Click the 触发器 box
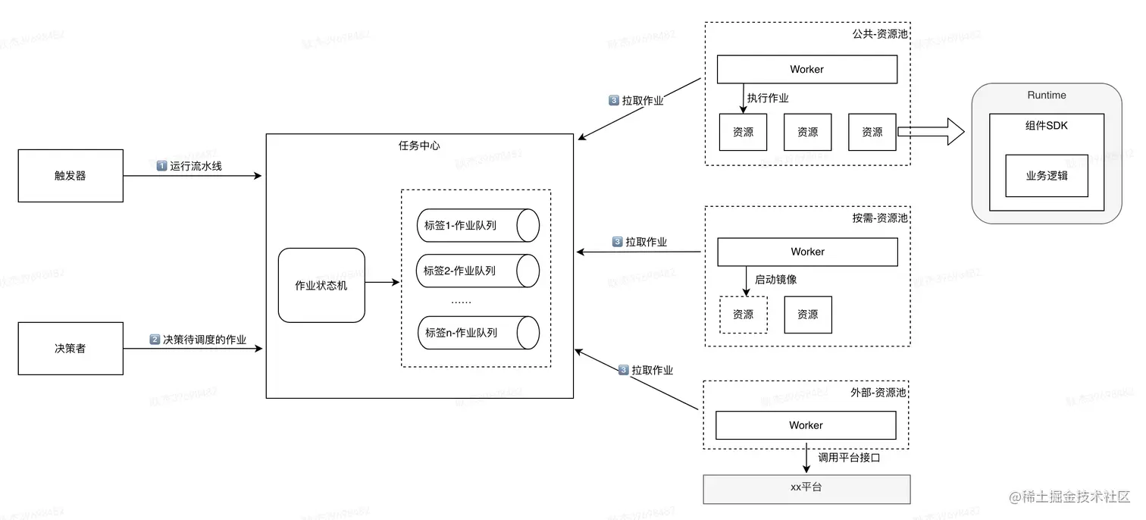tap(70, 176)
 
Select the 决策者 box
tap(70, 349)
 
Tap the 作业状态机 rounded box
tap(321, 286)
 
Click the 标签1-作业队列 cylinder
tap(477, 226)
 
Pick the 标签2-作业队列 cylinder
tap(477, 271)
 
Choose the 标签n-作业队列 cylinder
tap(477, 333)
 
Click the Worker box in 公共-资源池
tap(806, 70)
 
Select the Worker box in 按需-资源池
tap(807, 252)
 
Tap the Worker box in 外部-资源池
tap(806, 425)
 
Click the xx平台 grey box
tap(806, 487)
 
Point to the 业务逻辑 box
tap(1046, 176)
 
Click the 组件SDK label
tap(1046, 126)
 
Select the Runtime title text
tap(1046, 96)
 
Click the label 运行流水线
tap(196, 166)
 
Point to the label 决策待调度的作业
tap(205, 340)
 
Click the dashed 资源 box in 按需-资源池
tap(743, 315)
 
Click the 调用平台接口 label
tap(849, 458)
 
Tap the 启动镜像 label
tap(776, 280)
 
